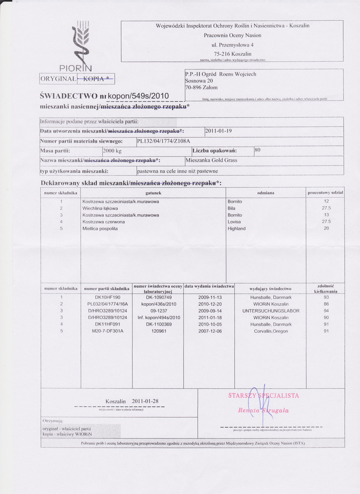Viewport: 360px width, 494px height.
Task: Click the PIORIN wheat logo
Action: coord(80,45)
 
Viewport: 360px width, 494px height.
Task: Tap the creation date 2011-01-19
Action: coord(219,131)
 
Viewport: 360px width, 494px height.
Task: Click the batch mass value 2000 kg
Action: coord(112,151)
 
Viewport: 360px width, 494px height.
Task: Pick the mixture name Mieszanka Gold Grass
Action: coord(211,160)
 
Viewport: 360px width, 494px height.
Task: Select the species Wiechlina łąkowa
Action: coord(100,208)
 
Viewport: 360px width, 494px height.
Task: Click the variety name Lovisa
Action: coord(234,222)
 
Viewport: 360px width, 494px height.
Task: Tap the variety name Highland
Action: coord(237,229)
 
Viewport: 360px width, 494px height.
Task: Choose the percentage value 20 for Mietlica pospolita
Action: coord(326,228)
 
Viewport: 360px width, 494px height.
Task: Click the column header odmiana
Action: coord(266,193)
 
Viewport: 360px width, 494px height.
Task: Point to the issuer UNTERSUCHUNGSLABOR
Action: coord(271,311)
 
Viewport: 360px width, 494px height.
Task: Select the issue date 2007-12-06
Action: coord(210,331)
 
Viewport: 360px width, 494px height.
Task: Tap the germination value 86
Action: coord(326,304)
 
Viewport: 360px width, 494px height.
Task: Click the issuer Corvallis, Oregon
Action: coord(271,331)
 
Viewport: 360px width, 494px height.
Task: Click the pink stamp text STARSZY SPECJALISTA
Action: coord(263,395)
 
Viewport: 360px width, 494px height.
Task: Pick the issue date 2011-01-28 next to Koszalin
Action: coord(145,401)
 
